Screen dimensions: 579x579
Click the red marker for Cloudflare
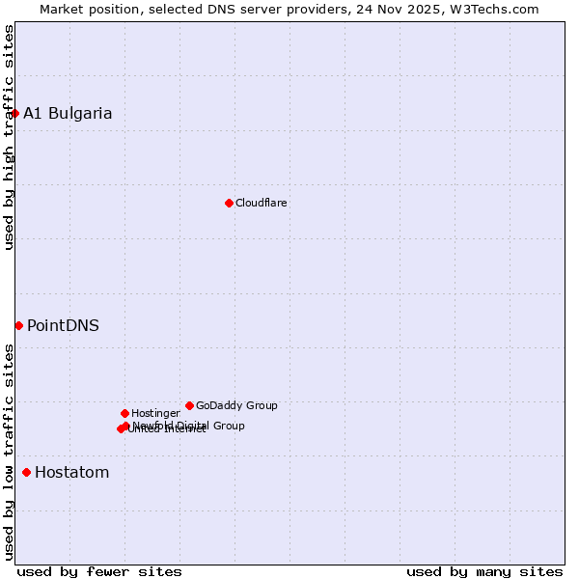pyautogui.click(x=229, y=203)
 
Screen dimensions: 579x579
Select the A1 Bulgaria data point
pyautogui.click(x=14, y=113)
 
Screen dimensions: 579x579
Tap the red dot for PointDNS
pyautogui.click(x=18, y=325)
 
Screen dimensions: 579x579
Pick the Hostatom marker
pyautogui.click(x=26, y=472)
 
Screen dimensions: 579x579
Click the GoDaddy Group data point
pyautogui.click(x=189, y=405)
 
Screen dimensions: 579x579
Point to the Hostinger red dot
pyautogui.click(x=124, y=413)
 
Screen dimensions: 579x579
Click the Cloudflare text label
pyautogui.click(x=261, y=203)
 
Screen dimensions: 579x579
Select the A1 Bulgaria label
pyautogui.click(x=68, y=113)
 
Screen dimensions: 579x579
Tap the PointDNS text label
pyautogui.click(x=63, y=325)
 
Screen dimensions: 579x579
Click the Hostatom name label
pyautogui.click(x=71, y=472)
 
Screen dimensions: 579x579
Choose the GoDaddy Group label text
pyautogui.click(x=236, y=405)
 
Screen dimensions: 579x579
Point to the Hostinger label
pyautogui.click(x=155, y=413)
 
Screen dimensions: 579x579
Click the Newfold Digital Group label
pyautogui.click(x=189, y=425)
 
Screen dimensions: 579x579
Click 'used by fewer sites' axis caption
pyautogui.click(x=99, y=571)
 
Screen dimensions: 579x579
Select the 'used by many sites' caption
pyautogui.click(x=484, y=571)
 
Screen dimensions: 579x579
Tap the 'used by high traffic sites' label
pyautogui.click(x=9, y=137)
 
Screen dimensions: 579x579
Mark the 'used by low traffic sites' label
pyautogui.click(x=9, y=452)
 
